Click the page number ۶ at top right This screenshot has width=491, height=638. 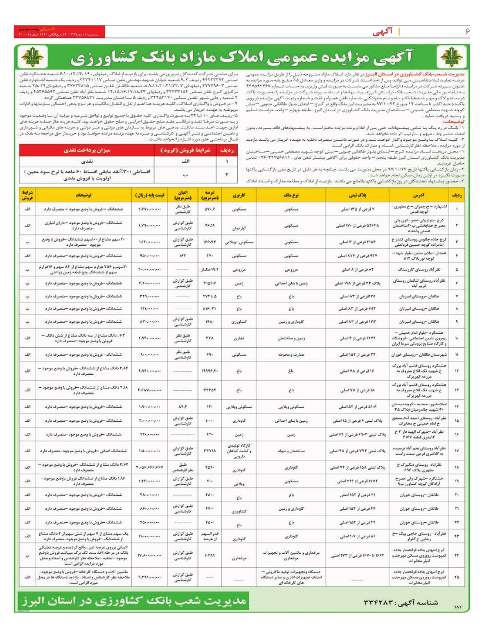coord(466,31)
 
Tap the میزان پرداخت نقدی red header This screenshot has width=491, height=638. coord(87,150)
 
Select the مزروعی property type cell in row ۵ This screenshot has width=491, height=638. coord(291,270)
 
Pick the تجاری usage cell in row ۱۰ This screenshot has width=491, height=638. coord(239,338)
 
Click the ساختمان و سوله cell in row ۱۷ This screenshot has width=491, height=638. coord(291,451)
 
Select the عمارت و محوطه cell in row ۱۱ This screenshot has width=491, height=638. coord(291,355)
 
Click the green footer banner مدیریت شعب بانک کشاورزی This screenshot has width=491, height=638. coord(133,601)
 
